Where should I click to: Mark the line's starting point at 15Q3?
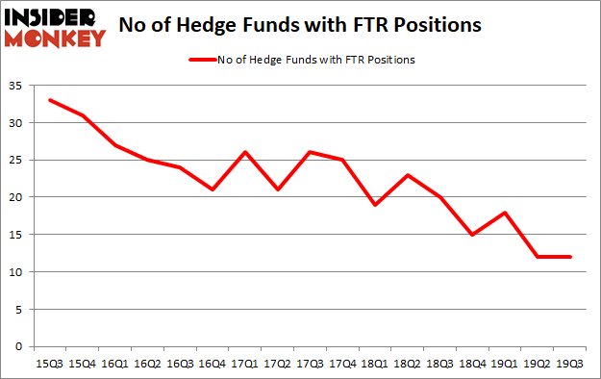(50, 100)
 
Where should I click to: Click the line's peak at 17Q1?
(245, 152)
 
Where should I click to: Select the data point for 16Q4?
(213, 189)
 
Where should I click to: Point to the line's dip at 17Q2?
(278, 189)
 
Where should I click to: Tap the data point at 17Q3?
(311, 152)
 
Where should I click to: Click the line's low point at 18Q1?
(376, 205)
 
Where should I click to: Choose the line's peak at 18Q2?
(408, 175)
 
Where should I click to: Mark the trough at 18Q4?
(473, 235)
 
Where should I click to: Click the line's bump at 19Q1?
(506, 213)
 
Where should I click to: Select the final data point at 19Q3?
(571, 257)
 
